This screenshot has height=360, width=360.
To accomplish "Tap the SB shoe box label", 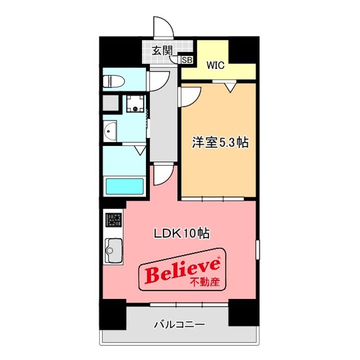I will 186,60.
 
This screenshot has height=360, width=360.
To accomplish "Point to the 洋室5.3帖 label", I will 220,143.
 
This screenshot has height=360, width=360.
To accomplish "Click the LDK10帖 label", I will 180,232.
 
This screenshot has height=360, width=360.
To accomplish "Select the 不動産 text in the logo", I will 205,282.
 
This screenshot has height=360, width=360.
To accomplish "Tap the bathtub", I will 125,186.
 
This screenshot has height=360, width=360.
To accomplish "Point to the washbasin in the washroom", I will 110,131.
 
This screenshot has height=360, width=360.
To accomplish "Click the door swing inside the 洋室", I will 191,95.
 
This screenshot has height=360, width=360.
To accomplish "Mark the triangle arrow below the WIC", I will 230,87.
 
